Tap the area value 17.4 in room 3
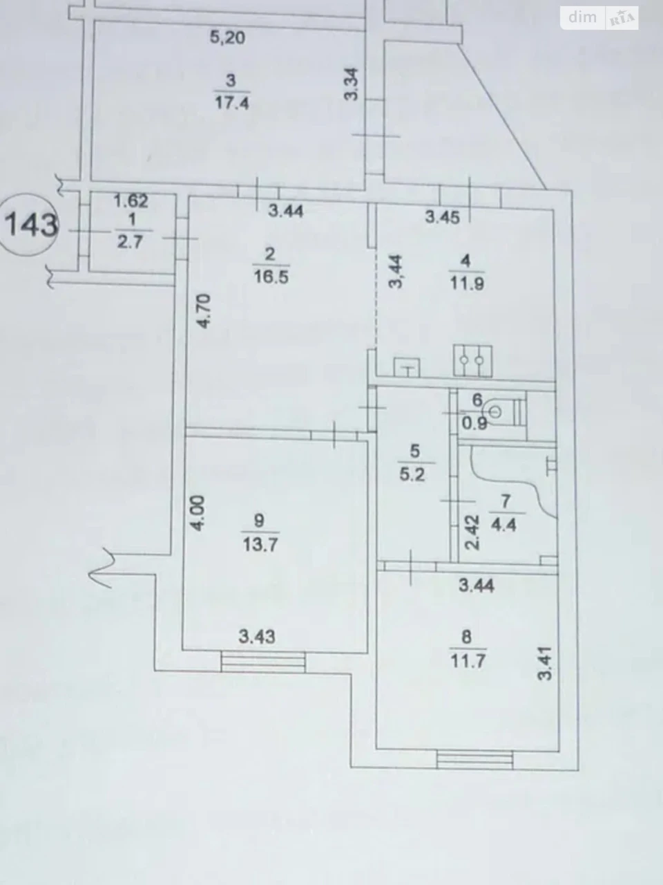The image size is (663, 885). [232, 104]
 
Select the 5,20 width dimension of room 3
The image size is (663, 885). [227, 37]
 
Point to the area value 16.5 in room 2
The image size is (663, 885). [271, 277]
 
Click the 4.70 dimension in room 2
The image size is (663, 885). [204, 311]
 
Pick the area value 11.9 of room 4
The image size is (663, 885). [467, 284]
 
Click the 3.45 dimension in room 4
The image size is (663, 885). [443, 218]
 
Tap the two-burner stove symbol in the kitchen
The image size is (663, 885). [472, 361]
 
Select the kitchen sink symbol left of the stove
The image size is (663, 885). [407, 367]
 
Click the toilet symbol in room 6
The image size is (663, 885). [506, 412]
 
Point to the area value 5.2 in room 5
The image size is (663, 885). [412, 474]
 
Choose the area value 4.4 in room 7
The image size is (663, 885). [503, 525]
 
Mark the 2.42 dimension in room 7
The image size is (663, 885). [472, 532]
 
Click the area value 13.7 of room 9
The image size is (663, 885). [260, 545]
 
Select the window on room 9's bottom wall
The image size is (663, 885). [263, 662]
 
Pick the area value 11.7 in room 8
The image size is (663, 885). [468, 661]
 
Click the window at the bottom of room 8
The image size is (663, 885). [475, 760]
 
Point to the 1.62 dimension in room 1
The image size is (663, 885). [131, 201]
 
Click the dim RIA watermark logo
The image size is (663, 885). [599, 18]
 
